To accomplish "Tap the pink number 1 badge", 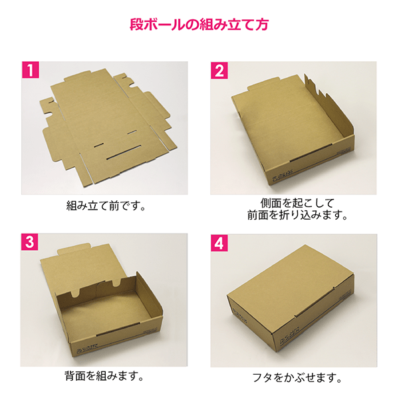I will pos(29,69).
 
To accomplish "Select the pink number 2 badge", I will pos(219,69).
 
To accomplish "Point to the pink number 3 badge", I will pos(29,241).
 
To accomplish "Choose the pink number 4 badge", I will pos(219,241).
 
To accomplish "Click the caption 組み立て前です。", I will pos(106,205).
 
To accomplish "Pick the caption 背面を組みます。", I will pos(106,376).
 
